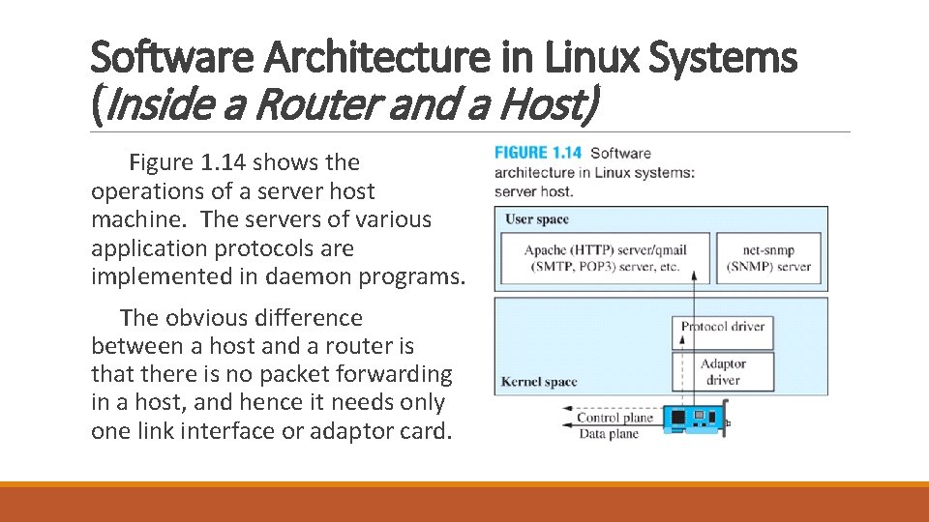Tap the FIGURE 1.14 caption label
[538, 153]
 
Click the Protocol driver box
[723, 327]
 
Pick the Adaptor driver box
[723, 371]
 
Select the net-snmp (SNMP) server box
[769, 258]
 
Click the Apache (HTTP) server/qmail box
[605, 258]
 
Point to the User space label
[537, 219]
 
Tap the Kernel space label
[539, 382]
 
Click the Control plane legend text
[614, 419]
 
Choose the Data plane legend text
[609, 434]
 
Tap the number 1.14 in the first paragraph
[216, 162]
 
